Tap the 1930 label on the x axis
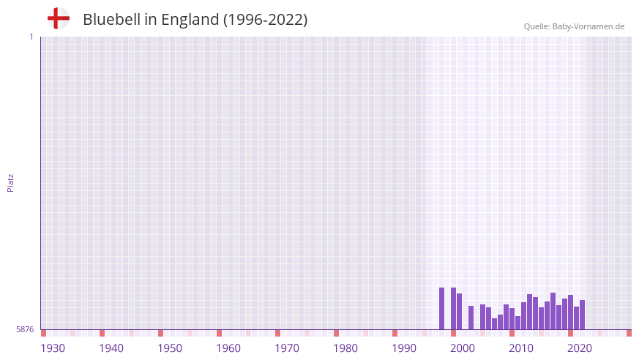point(53,348)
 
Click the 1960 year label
point(228,348)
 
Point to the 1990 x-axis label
point(404,348)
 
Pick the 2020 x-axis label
point(580,348)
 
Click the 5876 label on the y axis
point(25,330)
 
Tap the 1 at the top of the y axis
point(31,37)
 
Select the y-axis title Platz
point(10,182)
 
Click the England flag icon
point(59,18)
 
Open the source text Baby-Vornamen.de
point(588,26)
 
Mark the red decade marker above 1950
point(161,333)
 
